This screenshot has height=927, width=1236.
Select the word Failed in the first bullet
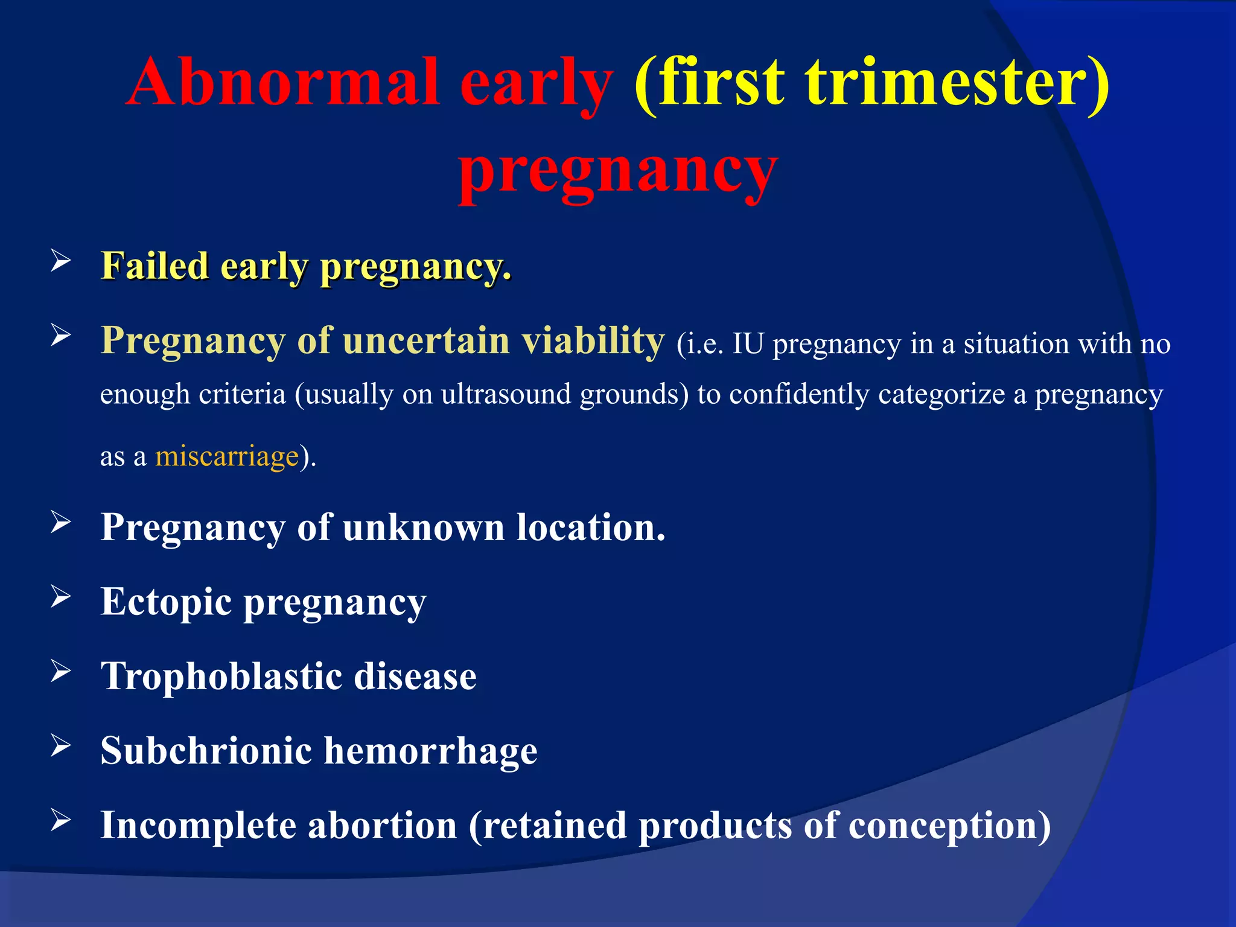click(154, 266)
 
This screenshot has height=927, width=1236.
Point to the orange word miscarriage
click(227, 456)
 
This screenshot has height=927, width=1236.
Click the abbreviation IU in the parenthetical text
click(748, 345)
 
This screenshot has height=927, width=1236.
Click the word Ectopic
click(166, 602)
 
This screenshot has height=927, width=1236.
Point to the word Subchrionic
click(205, 751)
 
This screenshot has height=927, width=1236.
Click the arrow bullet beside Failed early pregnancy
click(61, 261)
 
